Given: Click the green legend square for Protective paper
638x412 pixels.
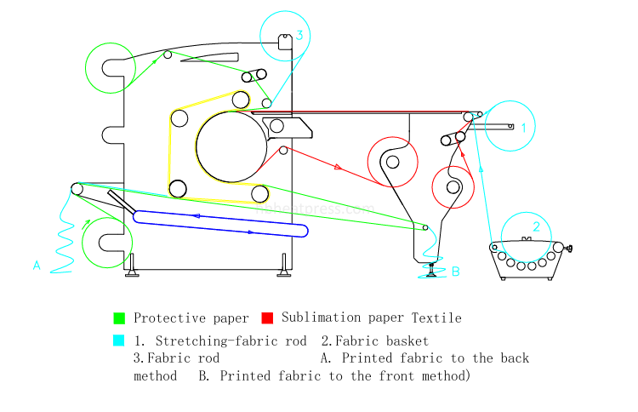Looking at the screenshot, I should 119,318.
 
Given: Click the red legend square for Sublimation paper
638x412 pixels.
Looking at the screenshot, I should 267,318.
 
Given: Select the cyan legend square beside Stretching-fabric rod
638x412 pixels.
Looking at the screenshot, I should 119,340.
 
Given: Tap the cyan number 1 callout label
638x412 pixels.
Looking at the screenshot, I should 524,127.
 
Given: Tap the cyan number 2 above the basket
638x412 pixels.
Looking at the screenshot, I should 536,226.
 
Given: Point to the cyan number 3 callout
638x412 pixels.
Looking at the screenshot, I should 299,35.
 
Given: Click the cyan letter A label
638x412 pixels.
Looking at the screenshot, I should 37,266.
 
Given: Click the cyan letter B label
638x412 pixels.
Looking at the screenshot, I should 455,272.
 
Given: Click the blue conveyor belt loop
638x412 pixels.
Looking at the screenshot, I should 221,223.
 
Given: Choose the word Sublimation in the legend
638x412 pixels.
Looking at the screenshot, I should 323,318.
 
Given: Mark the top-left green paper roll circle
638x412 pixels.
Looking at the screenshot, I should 110,66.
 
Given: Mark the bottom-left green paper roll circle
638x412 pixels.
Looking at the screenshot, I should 107,242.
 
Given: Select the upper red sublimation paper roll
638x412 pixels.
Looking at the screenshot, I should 392,162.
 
